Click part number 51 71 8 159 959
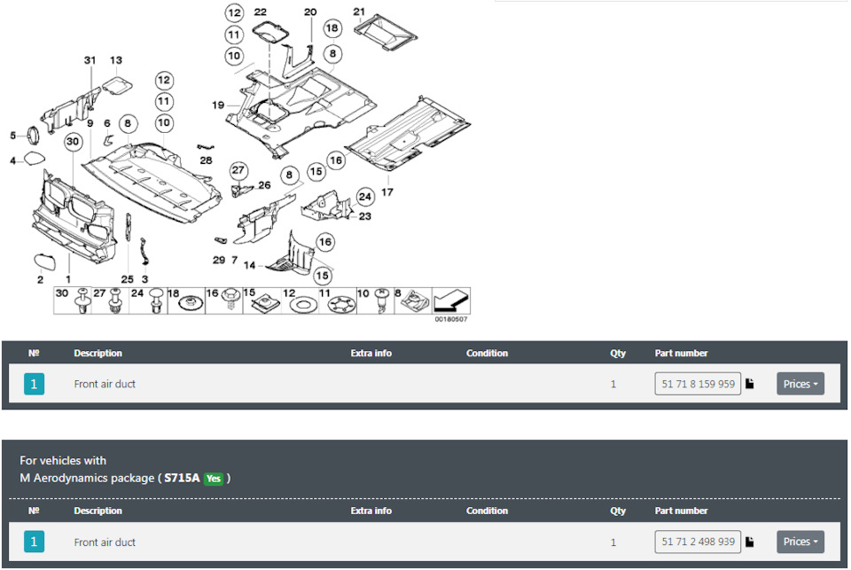[698, 384]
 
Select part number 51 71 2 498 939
[698, 542]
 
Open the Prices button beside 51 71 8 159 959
[800, 384]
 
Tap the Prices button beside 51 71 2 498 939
[800, 542]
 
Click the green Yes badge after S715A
[214, 479]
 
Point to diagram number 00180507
[450, 319]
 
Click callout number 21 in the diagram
[359, 12]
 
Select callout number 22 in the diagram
[261, 12]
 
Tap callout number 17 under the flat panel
[387, 191]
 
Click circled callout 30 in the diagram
[72, 142]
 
